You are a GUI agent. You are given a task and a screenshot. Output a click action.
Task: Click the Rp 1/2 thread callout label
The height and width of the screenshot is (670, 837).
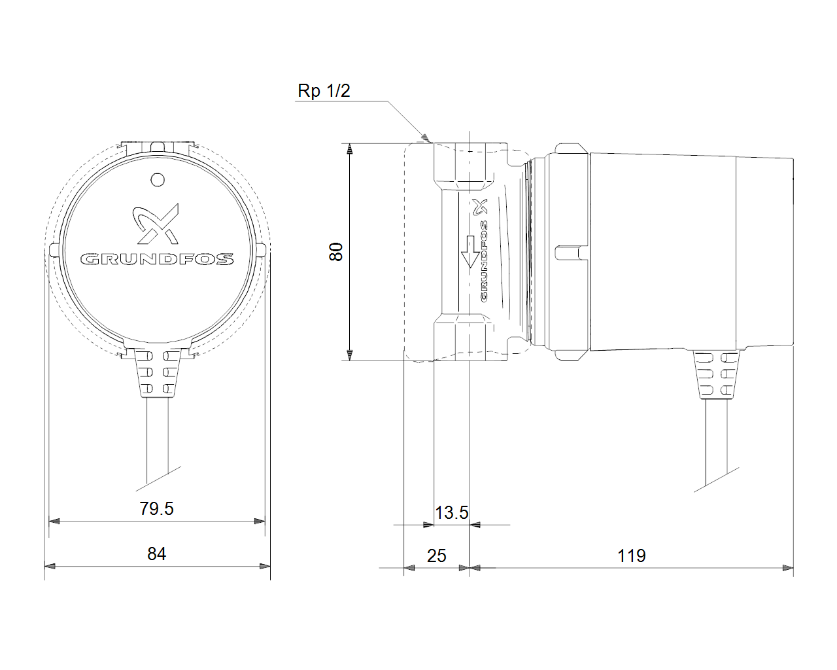[324, 91]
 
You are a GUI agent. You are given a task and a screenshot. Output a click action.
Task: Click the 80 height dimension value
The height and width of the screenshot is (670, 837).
[336, 252]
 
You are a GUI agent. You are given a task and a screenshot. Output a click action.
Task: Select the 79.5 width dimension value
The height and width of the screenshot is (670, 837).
[156, 508]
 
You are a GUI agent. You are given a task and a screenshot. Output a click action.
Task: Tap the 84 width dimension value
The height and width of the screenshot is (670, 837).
[156, 554]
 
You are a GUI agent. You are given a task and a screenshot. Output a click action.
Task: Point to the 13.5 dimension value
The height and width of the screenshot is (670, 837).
[451, 512]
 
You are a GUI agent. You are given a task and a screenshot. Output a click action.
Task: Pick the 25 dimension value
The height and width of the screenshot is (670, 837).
[436, 555]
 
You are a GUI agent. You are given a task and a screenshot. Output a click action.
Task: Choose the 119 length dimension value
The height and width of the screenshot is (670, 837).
[632, 555]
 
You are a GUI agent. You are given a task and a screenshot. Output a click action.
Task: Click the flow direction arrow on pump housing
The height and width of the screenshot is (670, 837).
[470, 251]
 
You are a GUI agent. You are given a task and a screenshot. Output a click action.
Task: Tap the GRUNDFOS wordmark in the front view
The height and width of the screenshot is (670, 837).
[157, 259]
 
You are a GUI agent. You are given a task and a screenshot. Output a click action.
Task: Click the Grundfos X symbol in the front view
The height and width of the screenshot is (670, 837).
[156, 224]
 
